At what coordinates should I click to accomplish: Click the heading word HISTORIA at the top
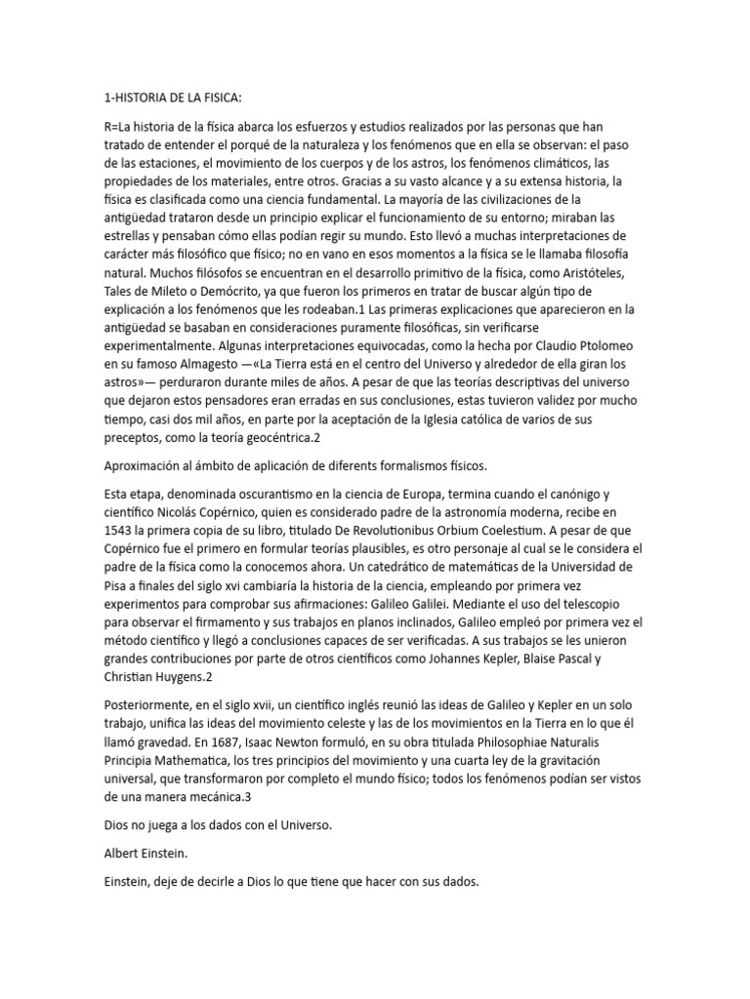pos(144,98)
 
